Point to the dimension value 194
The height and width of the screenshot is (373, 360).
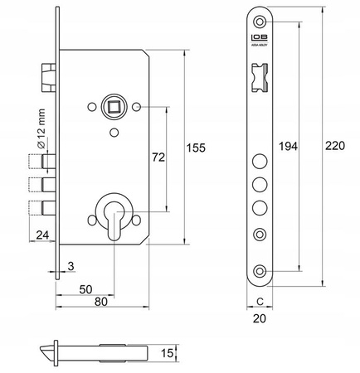[287, 147]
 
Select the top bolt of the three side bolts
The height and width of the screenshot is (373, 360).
[42, 162]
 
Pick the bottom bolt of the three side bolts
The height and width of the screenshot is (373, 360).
[42, 206]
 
